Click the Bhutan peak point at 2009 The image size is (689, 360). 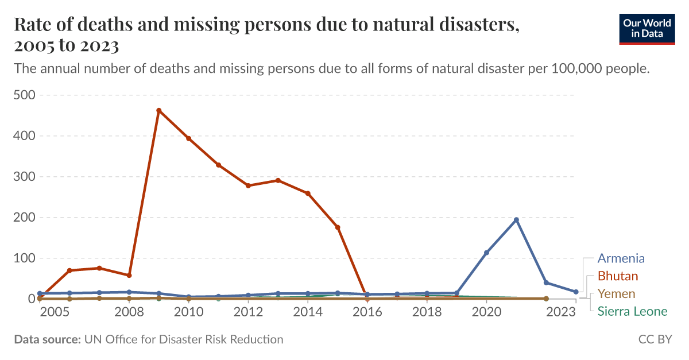(x=158, y=110)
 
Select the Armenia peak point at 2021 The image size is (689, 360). (x=516, y=220)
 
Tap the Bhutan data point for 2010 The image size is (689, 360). (x=188, y=138)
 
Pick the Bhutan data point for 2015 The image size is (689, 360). (x=338, y=227)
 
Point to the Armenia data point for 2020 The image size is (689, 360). (x=487, y=253)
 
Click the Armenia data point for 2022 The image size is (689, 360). (x=546, y=282)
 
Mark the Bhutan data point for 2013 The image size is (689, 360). (x=278, y=180)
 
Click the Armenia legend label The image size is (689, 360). (x=621, y=258)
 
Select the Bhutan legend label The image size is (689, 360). (x=618, y=276)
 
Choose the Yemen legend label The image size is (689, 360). (x=616, y=294)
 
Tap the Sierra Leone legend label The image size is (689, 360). (x=632, y=312)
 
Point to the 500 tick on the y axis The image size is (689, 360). (x=24, y=95)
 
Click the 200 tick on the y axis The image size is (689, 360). (x=24, y=218)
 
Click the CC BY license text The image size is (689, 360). (x=655, y=339)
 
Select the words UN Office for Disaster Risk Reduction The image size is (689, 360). (x=184, y=339)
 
